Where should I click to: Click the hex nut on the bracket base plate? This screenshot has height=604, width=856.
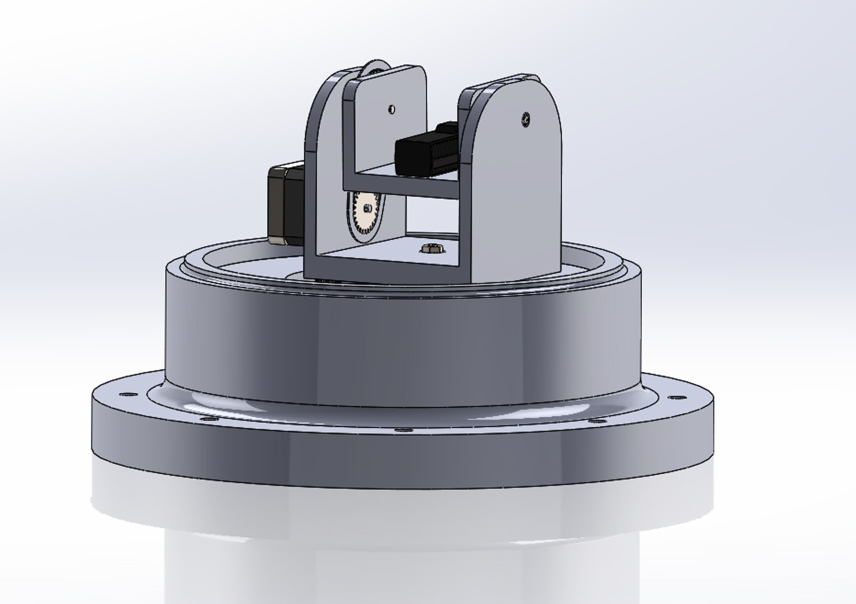432,248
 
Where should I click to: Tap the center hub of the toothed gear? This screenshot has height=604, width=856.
366,209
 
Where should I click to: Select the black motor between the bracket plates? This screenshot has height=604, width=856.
428,150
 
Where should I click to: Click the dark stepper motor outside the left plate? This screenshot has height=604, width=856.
285,202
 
